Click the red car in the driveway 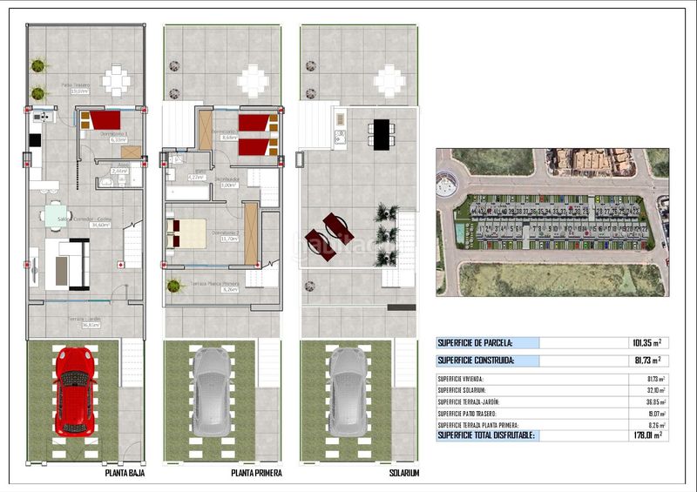coord(74,391)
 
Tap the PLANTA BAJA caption coord(125,474)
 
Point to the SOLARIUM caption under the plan coord(404,474)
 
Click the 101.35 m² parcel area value coord(646,343)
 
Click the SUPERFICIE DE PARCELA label coord(475,343)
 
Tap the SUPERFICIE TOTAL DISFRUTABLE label coord(487,435)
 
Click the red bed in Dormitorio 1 coord(104,120)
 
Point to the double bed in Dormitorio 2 coord(188,233)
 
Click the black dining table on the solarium coord(381,132)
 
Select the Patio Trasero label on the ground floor coord(75,88)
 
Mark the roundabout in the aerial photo coord(446,184)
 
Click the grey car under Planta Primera coord(211,392)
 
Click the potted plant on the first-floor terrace coord(173,286)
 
